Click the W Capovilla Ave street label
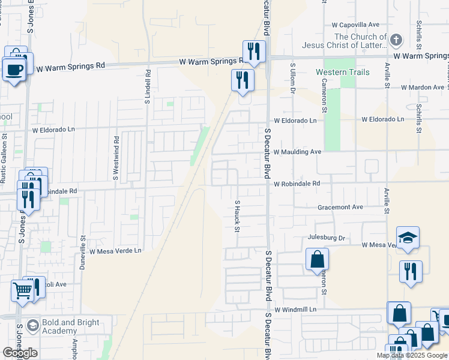(x=357, y=25)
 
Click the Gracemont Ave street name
(x=340, y=207)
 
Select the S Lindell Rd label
(x=147, y=86)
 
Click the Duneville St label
(x=83, y=252)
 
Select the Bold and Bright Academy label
(x=71, y=327)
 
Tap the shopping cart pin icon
(x=23, y=290)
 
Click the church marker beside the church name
(x=396, y=41)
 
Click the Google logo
(x=20, y=353)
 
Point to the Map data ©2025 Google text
(x=412, y=355)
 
